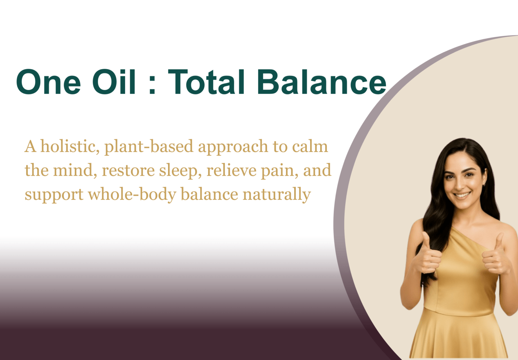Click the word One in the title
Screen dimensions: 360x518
pyautogui.click(x=49, y=82)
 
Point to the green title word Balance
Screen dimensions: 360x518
pyautogui.click(x=321, y=82)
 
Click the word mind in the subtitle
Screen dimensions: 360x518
pyautogui.click(x=75, y=170)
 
